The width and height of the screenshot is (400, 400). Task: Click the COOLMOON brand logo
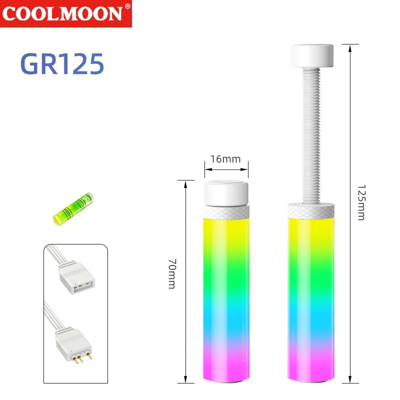point(66,13)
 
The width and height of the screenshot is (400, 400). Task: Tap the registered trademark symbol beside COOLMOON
point(127,6)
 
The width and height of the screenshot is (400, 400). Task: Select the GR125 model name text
point(62,64)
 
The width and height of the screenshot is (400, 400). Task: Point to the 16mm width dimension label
point(225,159)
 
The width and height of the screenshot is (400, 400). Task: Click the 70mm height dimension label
point(172,273)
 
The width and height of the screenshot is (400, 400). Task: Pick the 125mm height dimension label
point(361,202)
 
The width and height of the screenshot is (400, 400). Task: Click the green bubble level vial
point(73,209)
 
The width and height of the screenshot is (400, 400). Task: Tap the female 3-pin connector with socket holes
point(76,277)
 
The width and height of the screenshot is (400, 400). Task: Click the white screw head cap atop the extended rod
point(312,56)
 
